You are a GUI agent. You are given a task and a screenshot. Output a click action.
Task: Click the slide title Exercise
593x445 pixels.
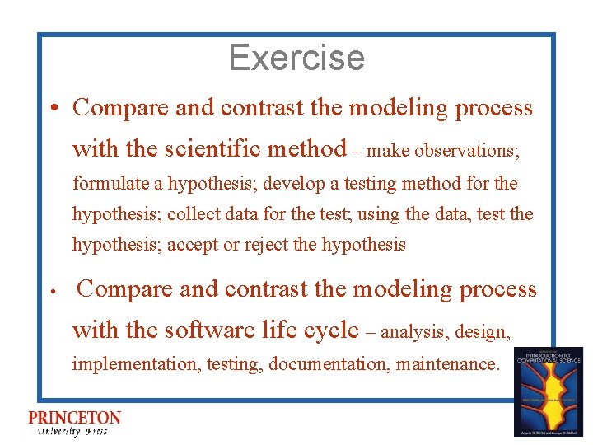pyautogui.click(x=296, y=58)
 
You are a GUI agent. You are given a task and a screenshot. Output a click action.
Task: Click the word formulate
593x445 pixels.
pyautogui.click(x=106, y=183)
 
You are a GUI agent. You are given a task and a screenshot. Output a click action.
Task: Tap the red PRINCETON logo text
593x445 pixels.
pyautogui.click(x=74, y=419)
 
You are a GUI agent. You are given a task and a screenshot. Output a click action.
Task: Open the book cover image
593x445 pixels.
pyautogui.click(x=548, y=391)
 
